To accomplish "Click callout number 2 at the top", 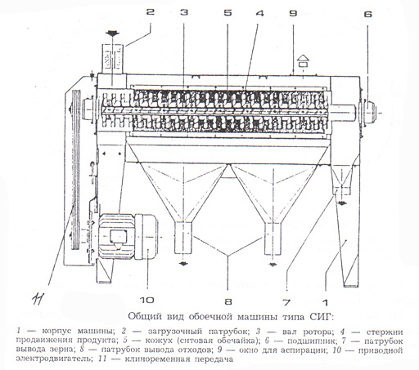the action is (x=151, y=12).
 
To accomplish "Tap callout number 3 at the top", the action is (x=184, y=12).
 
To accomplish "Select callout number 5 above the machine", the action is (x=228, y=12).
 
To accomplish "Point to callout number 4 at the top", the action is (x=260, y=13).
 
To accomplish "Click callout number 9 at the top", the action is (x=293, y=13).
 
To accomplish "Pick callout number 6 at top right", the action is (x=367, y=14).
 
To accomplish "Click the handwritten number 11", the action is (x=38, y=300).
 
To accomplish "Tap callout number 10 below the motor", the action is (x=147, y=301).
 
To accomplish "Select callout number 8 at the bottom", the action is (x=228, y=301).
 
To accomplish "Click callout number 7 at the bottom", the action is (x=286, y=302).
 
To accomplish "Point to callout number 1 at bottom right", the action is (x=325, y=302).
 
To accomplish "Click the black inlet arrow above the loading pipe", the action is (x=112, y=34).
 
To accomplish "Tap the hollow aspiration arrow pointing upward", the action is (x=304, y=60).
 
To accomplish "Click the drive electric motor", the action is (x=128, y=236).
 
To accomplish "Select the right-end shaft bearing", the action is (x=369, y=112).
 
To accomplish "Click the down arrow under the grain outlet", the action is (x=342, y=203).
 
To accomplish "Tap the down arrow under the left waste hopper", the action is (x=183, y=264).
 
